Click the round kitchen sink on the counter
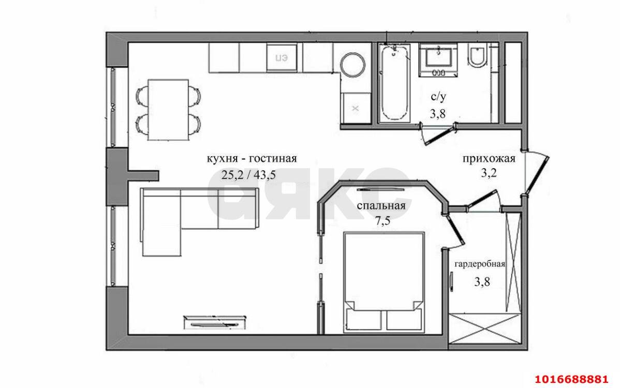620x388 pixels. point(353,64)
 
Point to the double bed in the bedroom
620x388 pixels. point(383,281)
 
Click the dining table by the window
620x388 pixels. point(168,110)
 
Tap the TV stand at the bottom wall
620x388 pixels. point(214,321)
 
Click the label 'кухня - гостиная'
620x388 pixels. point(252,158)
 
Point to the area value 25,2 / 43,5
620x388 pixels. point(249,175)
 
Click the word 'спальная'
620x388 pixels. point(381,205)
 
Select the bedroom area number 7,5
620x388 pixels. point(382,221)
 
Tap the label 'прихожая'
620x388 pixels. point(489,159)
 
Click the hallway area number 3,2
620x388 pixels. point(489,173)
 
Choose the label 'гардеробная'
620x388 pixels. point(480,264)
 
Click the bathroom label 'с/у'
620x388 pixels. point(438,96)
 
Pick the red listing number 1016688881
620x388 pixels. point(571,379)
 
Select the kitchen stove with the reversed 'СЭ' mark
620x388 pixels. point(281,57)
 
